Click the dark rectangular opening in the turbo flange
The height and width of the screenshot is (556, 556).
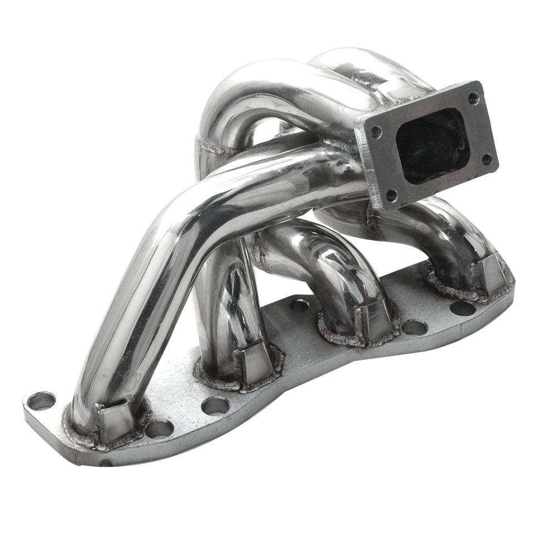click(x=433, y=146)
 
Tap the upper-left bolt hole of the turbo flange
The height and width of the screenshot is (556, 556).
click(x=376, y=132)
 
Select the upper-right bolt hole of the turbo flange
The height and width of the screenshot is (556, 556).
click(x=473, y=98)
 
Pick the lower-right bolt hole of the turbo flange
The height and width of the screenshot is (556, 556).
click(x=487, y=160)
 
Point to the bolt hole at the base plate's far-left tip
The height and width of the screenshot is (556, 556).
click(x=41, y=400)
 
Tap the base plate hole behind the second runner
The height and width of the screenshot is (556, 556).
click(x=300, y=304)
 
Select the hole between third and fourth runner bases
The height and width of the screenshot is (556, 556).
click(x=414, y=327)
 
